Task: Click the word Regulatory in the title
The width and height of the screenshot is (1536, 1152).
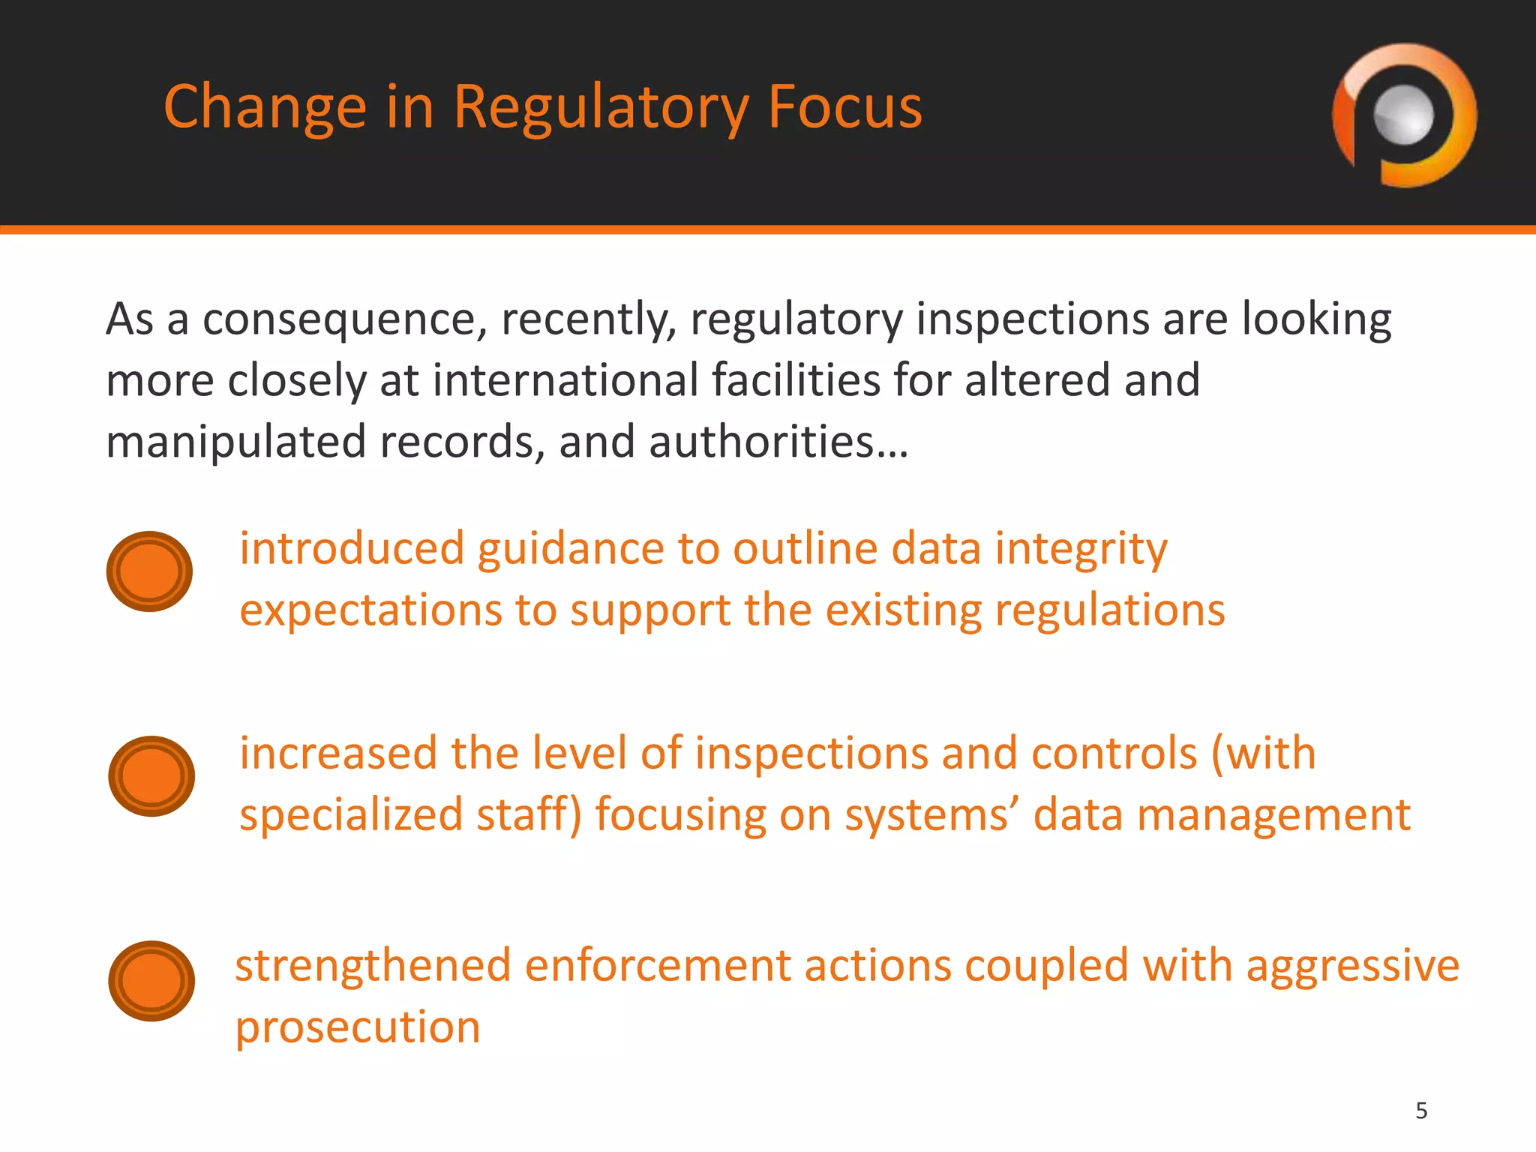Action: pyautogui.click(x=601, y=109)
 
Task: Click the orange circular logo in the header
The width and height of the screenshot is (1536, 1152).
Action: pyautogui.click(x=1404, y=115)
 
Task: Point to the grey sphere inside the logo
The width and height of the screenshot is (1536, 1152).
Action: pyautogui.click(x=1403, y=115)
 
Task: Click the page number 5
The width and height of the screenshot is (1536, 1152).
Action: pyautogui.click(x=1421, y=1111)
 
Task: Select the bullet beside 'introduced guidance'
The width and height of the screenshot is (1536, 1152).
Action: pyautogui.click(x=150, y=571)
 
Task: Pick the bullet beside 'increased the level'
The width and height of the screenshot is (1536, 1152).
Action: pyautogui.click(x=151, y=776)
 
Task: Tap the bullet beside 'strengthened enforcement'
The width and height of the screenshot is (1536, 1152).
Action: pyautogui.click(x=151, y=981)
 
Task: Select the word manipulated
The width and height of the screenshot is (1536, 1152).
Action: pyautogui.click(x=235, y=442)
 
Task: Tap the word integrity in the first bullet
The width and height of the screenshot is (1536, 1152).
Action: pyautogui.click(x=1081, y=550)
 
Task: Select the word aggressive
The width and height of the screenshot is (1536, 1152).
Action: pyautogui.click(x=1353, y=966)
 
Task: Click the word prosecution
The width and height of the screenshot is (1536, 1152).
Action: pyautogui.click(x=358, y=1027)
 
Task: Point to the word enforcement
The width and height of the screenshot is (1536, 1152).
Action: pyautogui.click(x=657, y=966)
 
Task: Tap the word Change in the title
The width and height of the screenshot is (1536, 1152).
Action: pyautogui.click(x=265, y=109)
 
